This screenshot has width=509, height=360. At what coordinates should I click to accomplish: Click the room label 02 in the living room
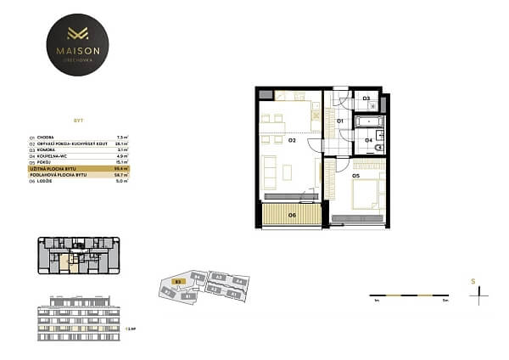[291, 139]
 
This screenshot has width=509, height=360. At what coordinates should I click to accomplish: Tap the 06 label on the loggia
[292, 215]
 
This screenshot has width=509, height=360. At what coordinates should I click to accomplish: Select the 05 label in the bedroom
[357, 176]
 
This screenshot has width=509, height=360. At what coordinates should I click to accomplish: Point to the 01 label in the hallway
[339, 121]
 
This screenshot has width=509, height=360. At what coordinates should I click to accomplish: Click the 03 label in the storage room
[366, 99]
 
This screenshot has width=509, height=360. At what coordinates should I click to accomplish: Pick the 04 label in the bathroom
[368, 140]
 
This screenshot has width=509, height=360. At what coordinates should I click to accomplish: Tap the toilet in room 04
[379, 148]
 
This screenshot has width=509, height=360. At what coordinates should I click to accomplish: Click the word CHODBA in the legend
[67, 136]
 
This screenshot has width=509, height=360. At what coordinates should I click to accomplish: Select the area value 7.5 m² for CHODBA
[121, 136]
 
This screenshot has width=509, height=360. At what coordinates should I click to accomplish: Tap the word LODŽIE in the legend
[67, 182]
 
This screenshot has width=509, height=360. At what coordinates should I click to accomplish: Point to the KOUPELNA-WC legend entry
[73, 156]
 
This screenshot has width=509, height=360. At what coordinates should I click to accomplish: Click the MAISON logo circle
[78, 44]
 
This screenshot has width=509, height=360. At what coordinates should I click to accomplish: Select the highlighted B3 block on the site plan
[178, 279]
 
